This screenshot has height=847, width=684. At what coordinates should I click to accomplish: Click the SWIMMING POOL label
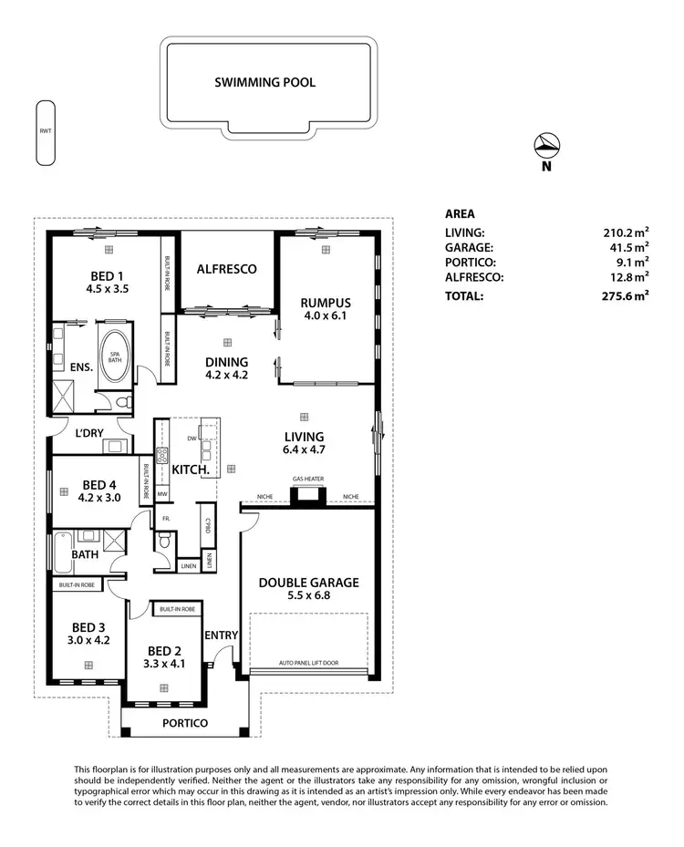pos(264,82)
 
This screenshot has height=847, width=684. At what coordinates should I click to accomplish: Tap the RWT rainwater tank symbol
pos(45,133)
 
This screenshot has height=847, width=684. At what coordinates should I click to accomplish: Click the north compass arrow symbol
pos(546,145)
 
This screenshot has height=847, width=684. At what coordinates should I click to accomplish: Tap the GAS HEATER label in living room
pos(308,480)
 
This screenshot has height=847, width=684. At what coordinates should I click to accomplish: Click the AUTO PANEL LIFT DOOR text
pos(308,663)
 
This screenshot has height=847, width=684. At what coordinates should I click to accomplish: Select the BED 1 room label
pos(108,275)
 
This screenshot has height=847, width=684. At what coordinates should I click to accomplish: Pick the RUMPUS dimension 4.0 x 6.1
pos(326,317)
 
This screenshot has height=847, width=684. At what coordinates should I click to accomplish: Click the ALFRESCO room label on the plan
pos(226,269)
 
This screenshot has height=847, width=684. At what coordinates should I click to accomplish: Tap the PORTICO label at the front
pos(185,723)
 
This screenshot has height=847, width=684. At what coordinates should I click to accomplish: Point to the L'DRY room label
pos(88,434)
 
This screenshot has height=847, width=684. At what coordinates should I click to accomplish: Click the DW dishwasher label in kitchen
pos(192,439)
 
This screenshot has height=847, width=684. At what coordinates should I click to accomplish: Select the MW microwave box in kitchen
pos(162,494)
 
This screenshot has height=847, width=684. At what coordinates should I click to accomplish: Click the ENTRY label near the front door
pos(221,635)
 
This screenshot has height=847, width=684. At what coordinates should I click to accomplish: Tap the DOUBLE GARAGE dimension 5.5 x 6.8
pos(308,597)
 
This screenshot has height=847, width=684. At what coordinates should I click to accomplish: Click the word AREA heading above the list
pos(460,213)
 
